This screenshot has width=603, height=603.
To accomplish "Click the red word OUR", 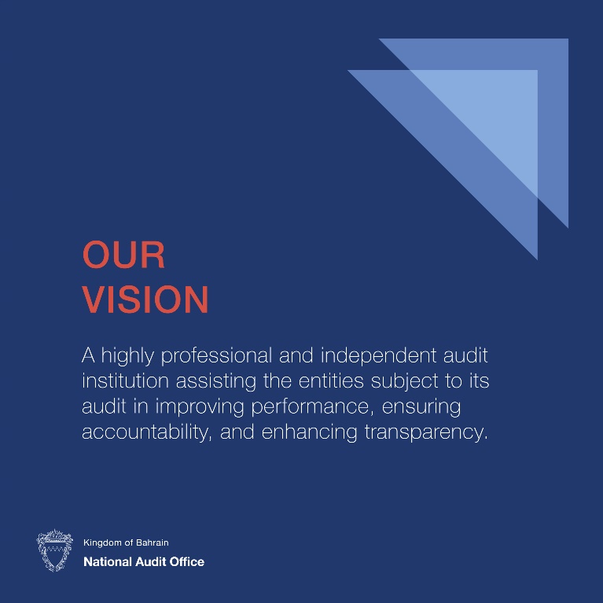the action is (x=123, y=254).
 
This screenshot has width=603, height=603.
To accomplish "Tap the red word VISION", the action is (x=145, y=299).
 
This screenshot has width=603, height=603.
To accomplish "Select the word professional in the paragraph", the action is (x=216, y=356).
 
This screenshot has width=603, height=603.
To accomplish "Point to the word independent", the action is (x=378, y=355).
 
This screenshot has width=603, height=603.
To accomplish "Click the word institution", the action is (x=125, y=381).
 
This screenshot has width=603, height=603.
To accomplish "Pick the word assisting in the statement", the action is (x=216, y=381).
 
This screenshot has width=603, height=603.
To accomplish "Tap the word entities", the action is (x=331, y=381).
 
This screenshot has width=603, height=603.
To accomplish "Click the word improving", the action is (x=200, y=407).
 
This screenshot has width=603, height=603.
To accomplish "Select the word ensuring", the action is (x=421, y=407).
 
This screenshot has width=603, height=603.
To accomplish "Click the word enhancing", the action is (x=309, y=432).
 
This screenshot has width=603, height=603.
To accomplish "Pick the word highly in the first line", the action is (x=127, y=356).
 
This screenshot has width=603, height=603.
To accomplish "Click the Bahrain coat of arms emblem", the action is (x=54, y=550).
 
